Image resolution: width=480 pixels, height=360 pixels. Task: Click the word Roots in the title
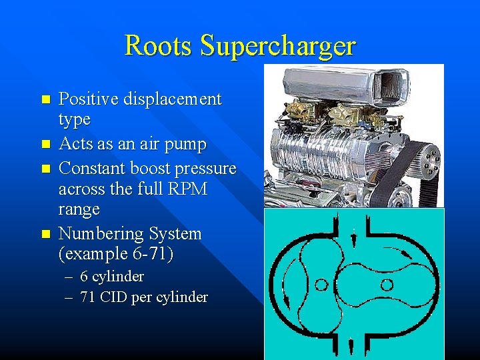157,45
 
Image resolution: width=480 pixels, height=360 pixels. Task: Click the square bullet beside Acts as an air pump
45,144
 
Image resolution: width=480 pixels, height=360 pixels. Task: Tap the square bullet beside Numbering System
45,234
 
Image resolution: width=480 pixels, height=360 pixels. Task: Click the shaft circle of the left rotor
321,285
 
